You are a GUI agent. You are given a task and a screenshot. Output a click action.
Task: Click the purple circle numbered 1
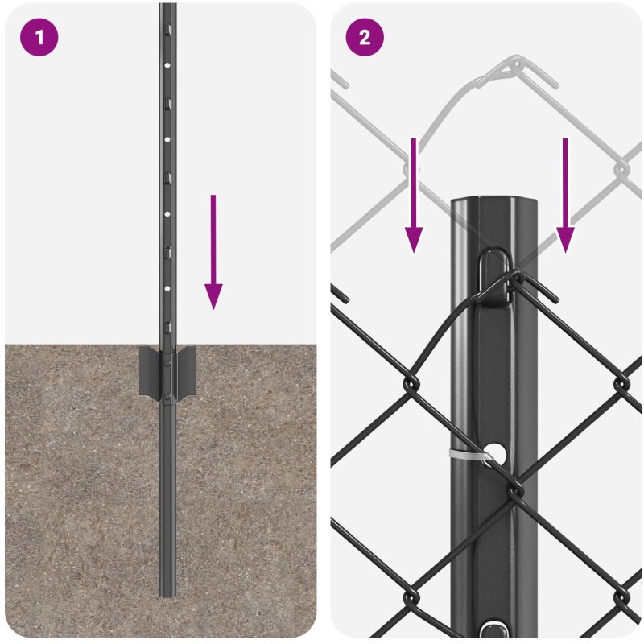(x=39, y=37)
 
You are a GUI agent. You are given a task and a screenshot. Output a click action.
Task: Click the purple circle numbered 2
(x=365, y=37)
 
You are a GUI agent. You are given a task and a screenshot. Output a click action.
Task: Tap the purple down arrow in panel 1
(x=213, y=252)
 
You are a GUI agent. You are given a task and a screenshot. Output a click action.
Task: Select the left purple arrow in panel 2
(x=414, y=196)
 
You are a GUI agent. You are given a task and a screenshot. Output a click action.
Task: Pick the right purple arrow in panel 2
(x=565, y=196)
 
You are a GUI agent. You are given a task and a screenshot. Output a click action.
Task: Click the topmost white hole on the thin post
(x=167, y=65)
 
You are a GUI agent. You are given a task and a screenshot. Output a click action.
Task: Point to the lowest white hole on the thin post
(x=167, y=289)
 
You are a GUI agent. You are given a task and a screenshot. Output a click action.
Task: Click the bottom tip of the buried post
(x=168, y=595)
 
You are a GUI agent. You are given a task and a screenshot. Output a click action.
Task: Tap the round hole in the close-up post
(x=496, y=453)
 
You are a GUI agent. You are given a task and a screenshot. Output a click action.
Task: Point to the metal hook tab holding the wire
(x=495, y=276)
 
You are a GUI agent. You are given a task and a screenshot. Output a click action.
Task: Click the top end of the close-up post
(x=494, y=200)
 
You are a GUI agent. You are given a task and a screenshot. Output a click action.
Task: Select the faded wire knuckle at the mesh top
(x=515, y=70)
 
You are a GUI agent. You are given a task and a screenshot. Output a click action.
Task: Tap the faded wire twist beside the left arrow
(x=411, y=169)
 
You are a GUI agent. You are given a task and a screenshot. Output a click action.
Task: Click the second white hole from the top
(x=167, y=139)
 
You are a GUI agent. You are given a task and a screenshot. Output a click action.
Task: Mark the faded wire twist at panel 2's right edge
(x=621, y=169)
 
